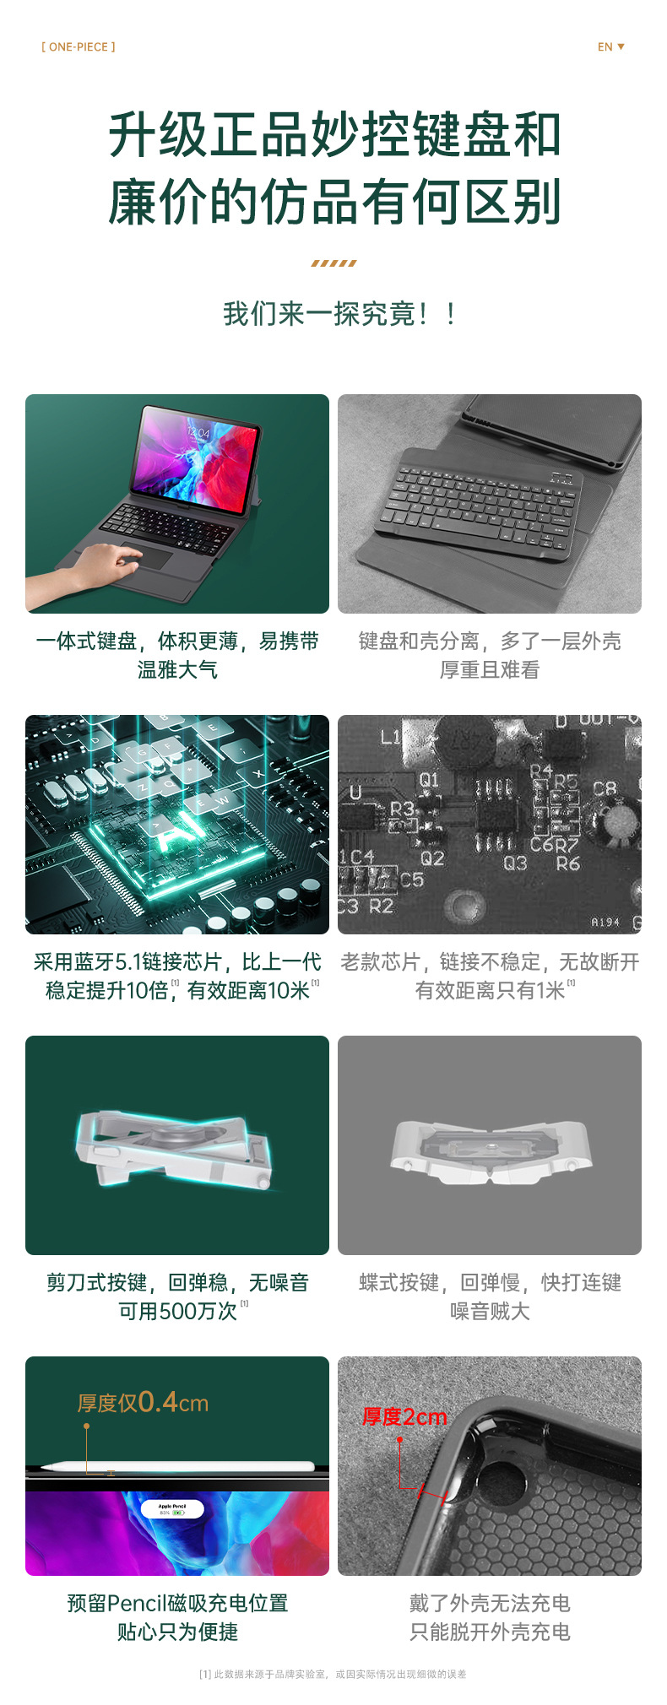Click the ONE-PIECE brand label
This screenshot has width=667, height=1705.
[x=79, y=47]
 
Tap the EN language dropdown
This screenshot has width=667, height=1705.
[x=610, y=47]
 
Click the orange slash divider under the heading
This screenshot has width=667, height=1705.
[x=333, y=263]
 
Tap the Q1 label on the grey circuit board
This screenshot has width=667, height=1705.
[x=429, y=780]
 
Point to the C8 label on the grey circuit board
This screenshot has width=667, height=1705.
[x=605, y=789]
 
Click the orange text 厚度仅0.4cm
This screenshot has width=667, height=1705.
[x=143, y=1403]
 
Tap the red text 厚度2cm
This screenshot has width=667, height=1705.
[x=404, y=1417]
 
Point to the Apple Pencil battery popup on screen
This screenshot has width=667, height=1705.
[x=172, y=1508]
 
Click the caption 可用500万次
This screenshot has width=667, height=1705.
[x=178, y=1311]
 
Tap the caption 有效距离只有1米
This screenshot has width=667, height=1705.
[x=491, y=990]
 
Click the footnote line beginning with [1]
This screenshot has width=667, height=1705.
[x=333, y=1674]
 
